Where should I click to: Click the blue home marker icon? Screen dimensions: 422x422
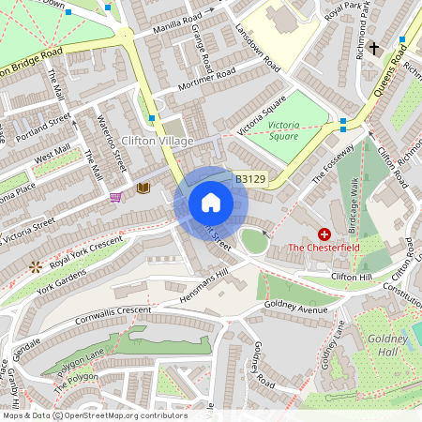tap(210, 203)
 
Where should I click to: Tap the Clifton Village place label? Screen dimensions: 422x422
tap(158, 142)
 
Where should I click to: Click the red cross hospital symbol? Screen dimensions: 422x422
tap(324, 233)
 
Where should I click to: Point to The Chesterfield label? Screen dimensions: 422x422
tap(324, 248)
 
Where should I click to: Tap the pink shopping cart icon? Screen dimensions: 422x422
tap(116, 196)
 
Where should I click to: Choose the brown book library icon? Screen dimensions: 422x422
tap(143, 188)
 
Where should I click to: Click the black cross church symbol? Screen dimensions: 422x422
tap(374, 47)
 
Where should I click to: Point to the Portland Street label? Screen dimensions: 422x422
tap(43, 126)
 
